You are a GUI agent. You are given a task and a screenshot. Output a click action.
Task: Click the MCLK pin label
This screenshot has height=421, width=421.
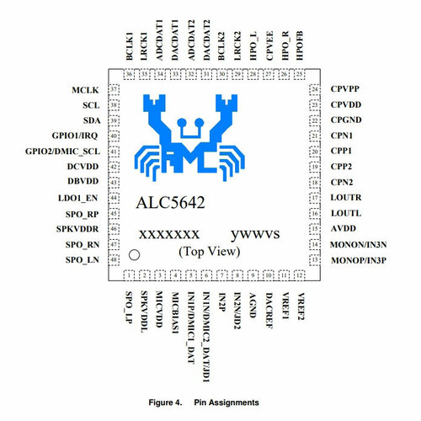pyautogui.click(x=85, y=90)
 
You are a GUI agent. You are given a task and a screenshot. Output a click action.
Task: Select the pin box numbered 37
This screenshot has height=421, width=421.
pyautogui.click(x=114, y=90)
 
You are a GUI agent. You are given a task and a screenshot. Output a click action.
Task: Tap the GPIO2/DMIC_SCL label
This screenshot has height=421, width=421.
pyautogui.click(x=62, y=152)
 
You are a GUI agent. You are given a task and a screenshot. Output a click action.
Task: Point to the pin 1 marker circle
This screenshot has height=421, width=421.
pyautogui.click(x=134, y=255)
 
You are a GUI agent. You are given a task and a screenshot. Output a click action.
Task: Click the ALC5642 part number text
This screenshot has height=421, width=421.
pyautogui.click(x=170, y=202)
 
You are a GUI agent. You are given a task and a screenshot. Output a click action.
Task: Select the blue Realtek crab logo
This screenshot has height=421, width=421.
pyautogui.click(x=189, y=137)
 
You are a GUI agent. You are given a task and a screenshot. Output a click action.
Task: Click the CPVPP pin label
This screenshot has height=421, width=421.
pyautogui.click(x=345, y=88)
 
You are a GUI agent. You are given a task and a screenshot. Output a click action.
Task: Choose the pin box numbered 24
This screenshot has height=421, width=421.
pyautogui.click(x=315, y=89)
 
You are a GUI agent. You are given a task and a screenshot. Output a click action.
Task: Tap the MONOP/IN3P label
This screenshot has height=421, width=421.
pyautogui.click(x=359, y=260)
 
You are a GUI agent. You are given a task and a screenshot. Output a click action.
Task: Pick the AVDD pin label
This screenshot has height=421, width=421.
pyautogui.click(x=344, y=228)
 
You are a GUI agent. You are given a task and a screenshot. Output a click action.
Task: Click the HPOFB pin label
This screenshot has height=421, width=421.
pyautogui.click(x=300, y=45)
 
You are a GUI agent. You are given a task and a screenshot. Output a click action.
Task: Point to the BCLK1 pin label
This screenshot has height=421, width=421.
pyautogui.click(x=130, y=46)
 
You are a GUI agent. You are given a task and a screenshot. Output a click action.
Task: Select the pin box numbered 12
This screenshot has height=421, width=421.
pyautogui.click(x=300, y=275)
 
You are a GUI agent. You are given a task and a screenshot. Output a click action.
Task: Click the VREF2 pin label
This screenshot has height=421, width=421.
pyautogui.click(x=301, y=306)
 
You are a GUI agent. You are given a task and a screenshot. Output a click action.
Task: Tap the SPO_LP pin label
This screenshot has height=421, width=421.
pyautogui.click(x=129, y=307)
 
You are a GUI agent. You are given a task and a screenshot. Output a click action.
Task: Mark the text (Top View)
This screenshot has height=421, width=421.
pyautogui.click(x=210, y=252)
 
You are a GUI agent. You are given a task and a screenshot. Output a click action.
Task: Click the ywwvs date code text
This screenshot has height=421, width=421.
pyautogui.click(x=255, y=235)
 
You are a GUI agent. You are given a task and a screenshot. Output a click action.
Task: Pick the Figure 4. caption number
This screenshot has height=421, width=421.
pyautogui.click(x=165, y=402)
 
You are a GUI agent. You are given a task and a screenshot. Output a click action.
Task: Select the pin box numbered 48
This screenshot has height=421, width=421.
pyautogui.click(x=114, y=259)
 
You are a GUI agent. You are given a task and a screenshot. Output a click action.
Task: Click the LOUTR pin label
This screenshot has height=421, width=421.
pyautogui.click(x=346, y=197)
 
